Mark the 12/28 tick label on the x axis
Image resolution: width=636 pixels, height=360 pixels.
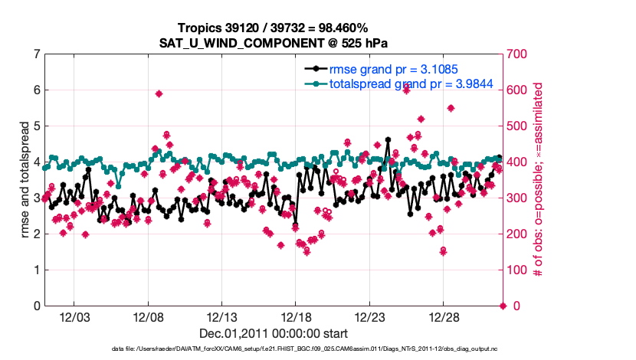click(x=444, y=318)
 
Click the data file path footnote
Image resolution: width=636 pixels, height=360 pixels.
click(x=318, y=349)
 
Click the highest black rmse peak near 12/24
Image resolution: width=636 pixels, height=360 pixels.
click(x=388, y=140)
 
